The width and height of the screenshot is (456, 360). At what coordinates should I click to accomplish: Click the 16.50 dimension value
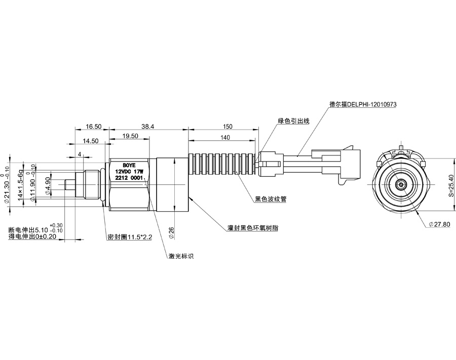[x=94, y=126]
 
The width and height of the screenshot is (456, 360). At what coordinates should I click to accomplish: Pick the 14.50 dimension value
[x=91, y=141]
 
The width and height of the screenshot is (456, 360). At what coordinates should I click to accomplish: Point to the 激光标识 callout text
[x=181, y=256]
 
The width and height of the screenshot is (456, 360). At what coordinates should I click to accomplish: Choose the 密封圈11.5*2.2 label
[x=131, y=237]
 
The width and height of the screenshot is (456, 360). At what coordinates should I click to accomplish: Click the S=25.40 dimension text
[x=450, y=186]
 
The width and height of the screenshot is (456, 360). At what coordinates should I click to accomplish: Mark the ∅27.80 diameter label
[x=439, y=224]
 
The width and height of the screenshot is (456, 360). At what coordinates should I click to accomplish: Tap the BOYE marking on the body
[x=129, y=165]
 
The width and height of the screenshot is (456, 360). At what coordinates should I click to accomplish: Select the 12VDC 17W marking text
[x=129, y=172]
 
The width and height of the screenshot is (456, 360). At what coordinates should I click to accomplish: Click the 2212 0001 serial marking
[x=129, y=178]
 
